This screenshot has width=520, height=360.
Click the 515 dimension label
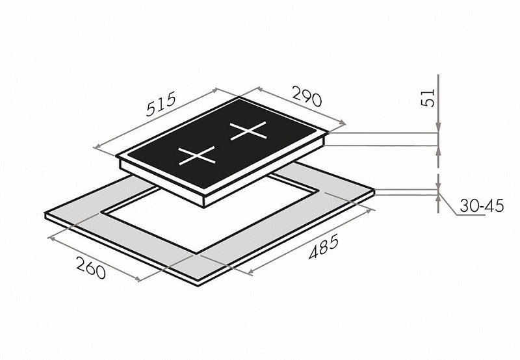coord(161,104)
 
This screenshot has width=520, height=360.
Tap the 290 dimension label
coord(307,96)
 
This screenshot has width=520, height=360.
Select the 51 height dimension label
coord(428,97)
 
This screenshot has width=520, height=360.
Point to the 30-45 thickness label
coord(482,205)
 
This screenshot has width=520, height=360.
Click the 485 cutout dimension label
coord(324,246)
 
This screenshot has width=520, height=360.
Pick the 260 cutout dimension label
coord(90,268)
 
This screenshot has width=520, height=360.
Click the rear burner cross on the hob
coord(248,131)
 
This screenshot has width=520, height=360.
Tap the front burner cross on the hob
coord(197,155)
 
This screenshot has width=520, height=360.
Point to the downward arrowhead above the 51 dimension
coord(438,129)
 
